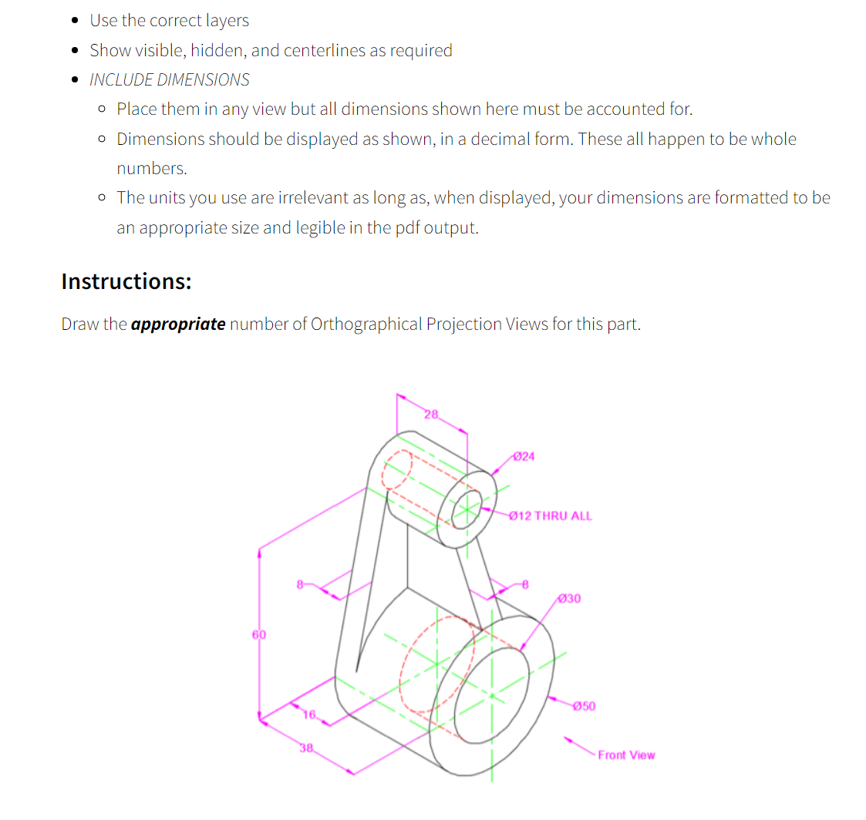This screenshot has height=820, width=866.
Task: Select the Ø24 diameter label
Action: (x=524, y=456)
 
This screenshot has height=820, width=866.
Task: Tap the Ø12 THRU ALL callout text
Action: (x=551, y=516)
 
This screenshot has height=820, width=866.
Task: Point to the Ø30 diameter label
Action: (x=569, y=598)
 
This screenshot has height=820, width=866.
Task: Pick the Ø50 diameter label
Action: (x=584, y=705)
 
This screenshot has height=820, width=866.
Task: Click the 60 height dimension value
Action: (x=258, y=634)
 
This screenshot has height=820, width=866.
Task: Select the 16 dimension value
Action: (x=309, y=714)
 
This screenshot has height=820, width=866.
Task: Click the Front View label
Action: (x=626, y=755)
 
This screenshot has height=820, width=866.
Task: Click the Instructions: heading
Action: (x=126, y=281)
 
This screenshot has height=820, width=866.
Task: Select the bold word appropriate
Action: (x=178, y=324)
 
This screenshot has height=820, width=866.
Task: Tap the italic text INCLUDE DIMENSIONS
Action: (x=170, y=79)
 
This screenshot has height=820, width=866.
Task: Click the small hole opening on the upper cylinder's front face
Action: (x=465, y=509)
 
